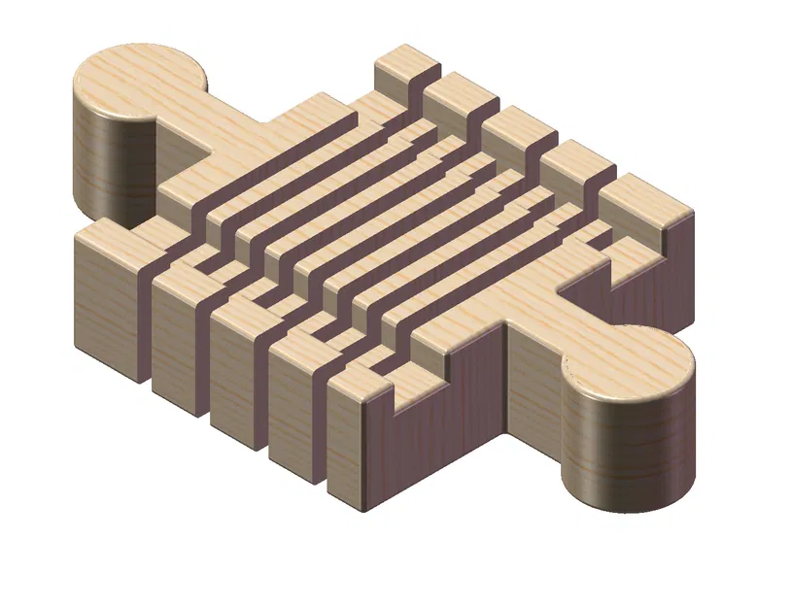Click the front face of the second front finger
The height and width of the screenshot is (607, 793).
click(175, 330)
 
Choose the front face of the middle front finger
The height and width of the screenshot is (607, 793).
click(233, 364)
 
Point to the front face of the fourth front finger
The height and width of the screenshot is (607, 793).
click(292, 398)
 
